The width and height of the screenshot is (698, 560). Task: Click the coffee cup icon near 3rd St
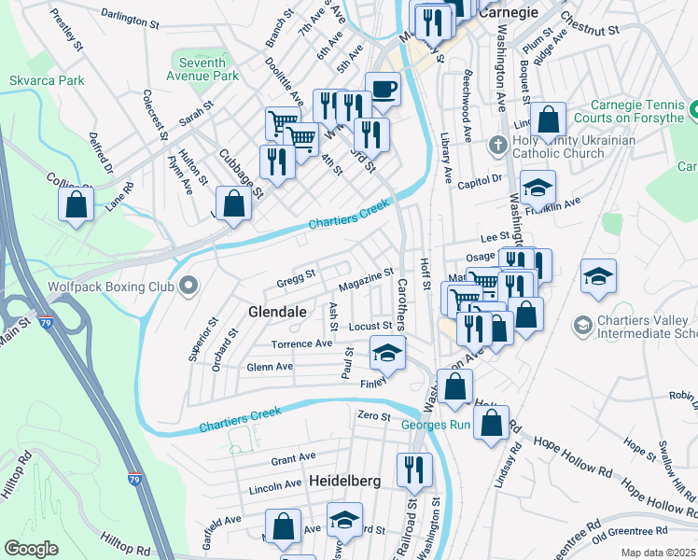pyautogui.click(x=383, y=90)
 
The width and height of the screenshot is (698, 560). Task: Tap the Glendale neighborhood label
pyautogui.click(x=277, y=311)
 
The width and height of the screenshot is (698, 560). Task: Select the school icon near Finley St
pyautogui.click(x=388, y=353)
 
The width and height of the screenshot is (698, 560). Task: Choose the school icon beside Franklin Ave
pyautogui.click(x=537, y=187)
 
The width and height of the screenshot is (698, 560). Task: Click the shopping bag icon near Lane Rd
pyautogui.click(x=77, y=203)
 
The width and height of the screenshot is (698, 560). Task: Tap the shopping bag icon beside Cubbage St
pyautogui.click(x=233, y=203)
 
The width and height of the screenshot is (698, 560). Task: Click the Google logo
pyautogui.click(x=31, y=549)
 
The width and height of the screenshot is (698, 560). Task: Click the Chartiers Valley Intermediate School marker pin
pyautogui.click(x=582, y=324)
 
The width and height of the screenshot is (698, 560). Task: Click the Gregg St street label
pyautogui.click(x=296, y=277)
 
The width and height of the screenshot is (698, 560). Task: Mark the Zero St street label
pyautogui.click(x=372, y=415)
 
